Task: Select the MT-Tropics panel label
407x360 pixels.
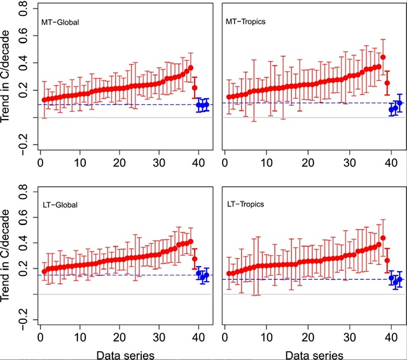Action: [x=246, y=22]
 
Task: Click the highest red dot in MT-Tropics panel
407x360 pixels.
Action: [x=383, y=58]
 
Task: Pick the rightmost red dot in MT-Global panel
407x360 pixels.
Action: [x=195, y=88]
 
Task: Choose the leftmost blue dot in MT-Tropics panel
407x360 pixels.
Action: [x=391, y=110]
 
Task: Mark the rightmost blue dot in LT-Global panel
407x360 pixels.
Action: [x=206, y=275]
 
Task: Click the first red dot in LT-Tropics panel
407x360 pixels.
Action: [x=229, y=274]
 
